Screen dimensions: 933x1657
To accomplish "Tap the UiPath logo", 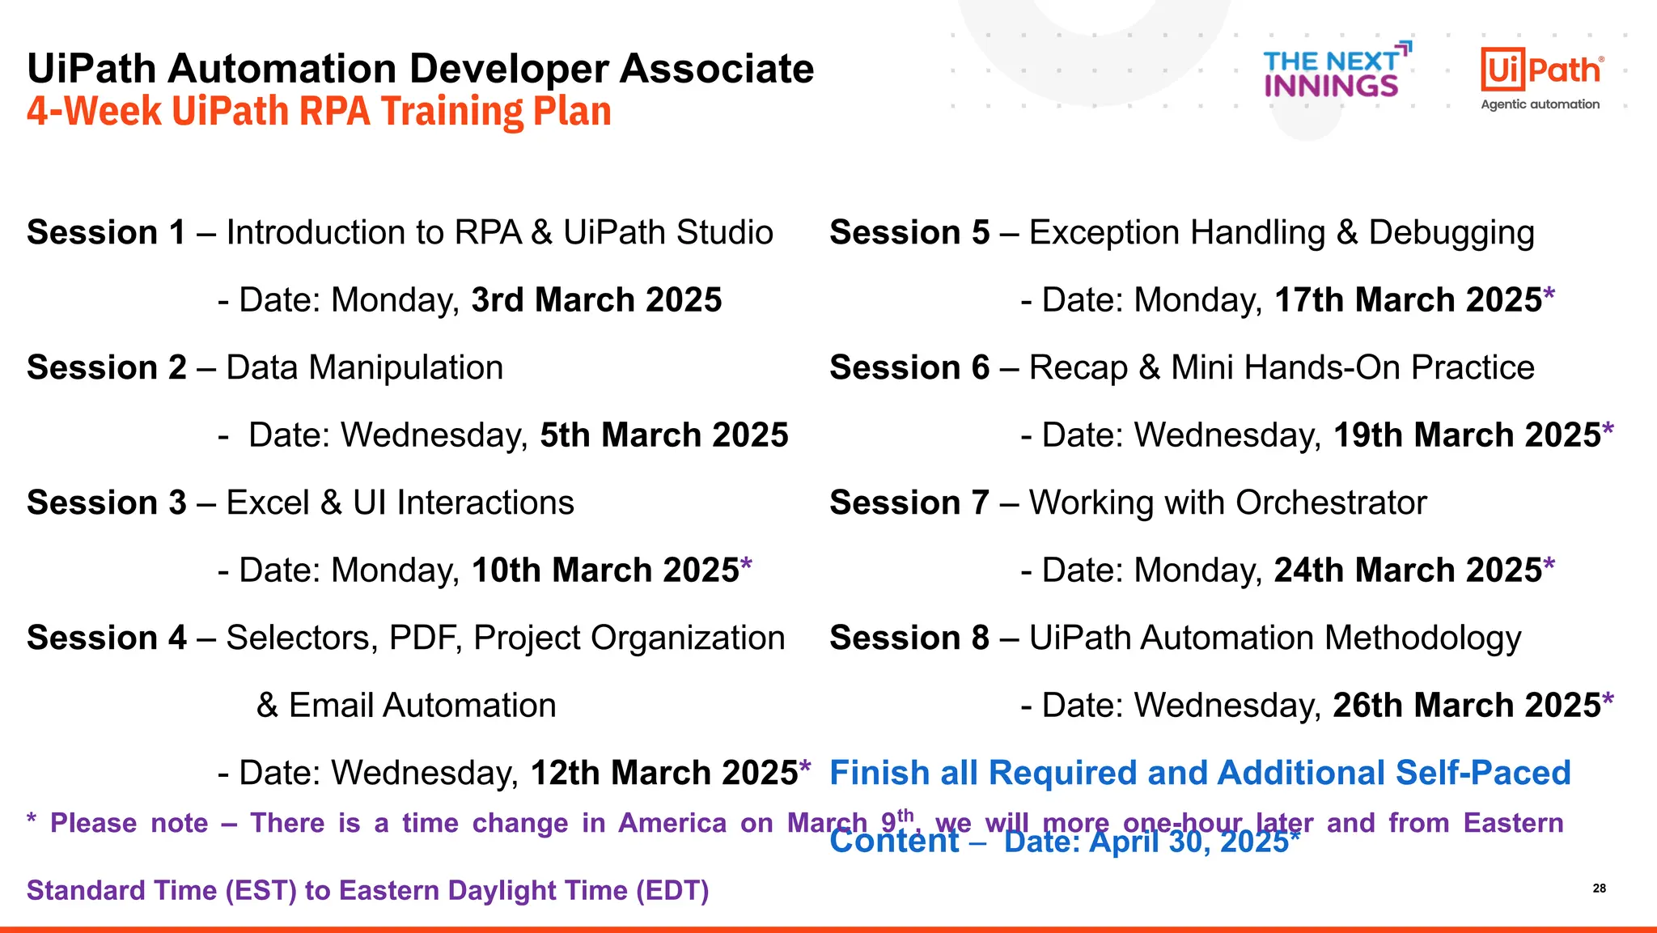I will click(x=1541, y=77).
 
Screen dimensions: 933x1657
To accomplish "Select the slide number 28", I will click(x=1599, y=888).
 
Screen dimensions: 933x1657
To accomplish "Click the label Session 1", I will click(x=106, y=233).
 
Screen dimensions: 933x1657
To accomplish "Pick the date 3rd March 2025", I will click(x=596, y=300).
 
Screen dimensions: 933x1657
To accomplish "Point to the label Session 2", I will click(x=106, y=368).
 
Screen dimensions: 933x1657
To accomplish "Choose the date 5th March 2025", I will click(x=663, y=435).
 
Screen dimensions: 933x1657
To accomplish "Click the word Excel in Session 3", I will click(x=268, y=503).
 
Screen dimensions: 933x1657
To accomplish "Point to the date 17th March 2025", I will click(x=1408, y=300).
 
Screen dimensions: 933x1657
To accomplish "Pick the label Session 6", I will click(x=909, y=368).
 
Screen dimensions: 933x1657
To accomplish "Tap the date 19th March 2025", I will click(x=1467, y=435).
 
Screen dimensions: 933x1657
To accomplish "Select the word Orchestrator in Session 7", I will click(x=1331, y=503).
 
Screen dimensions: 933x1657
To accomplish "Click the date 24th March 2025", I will click(x=1408, y=570).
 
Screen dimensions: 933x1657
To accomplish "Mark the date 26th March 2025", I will click(x=1467, y=706).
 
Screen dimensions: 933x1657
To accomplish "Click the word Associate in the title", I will click(x=717, y=69).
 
